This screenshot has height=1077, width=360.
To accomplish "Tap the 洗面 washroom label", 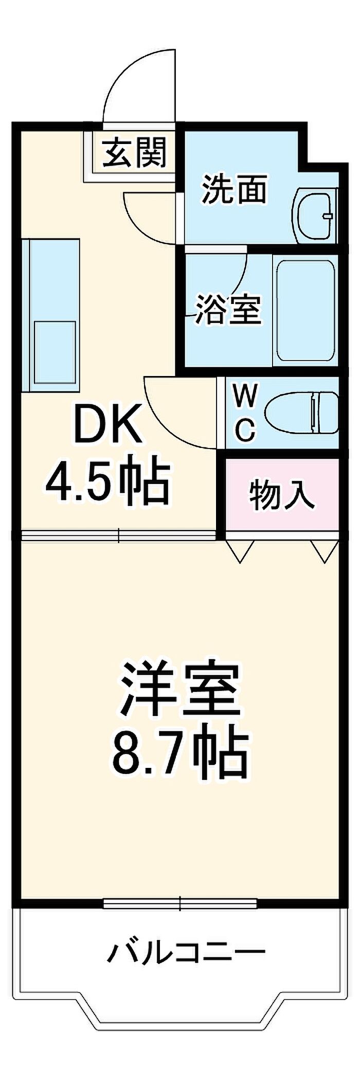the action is (x=234, y=189).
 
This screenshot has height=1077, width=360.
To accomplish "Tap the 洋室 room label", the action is (x=180, y=690).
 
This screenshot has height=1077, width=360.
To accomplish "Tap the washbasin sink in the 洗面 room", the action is (x=314, y=216).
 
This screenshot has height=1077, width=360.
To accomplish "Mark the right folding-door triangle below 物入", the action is (x=325, y=550).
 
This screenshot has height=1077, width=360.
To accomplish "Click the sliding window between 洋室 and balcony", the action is (x=180, y=903).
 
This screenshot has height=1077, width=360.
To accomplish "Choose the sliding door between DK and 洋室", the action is (x=118, y=536).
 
